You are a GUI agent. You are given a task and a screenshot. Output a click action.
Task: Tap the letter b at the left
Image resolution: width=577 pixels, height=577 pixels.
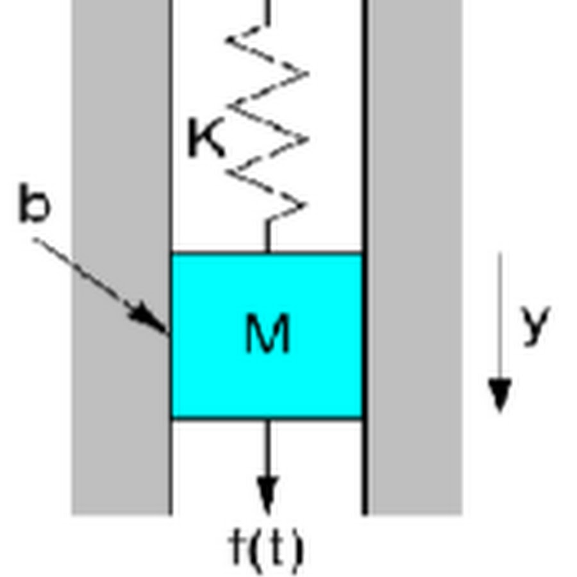(x=34, y=205)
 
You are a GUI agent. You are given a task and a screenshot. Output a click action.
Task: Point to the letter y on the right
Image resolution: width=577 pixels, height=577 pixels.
(x=535, y=324)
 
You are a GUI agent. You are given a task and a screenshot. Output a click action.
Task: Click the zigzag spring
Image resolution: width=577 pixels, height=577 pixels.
(x=266, y=122)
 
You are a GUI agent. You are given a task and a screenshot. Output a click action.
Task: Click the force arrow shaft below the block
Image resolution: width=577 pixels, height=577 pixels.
(x=267, y=449)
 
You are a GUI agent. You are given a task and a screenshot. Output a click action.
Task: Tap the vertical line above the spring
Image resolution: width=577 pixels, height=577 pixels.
(x=267, y=12)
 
